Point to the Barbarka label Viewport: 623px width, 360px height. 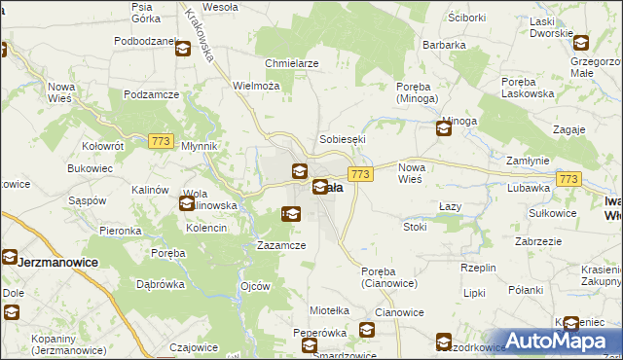[443, 45]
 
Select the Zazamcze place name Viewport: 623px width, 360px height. [281, 245]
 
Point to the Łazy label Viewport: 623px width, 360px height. [449, 207]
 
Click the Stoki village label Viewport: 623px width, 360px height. [415, 227]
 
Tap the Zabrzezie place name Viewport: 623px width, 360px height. [538, 241]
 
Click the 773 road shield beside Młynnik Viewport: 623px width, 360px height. [162, 142]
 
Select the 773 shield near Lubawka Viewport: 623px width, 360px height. [569, 179]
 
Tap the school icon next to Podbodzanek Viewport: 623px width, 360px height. [183, 49]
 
